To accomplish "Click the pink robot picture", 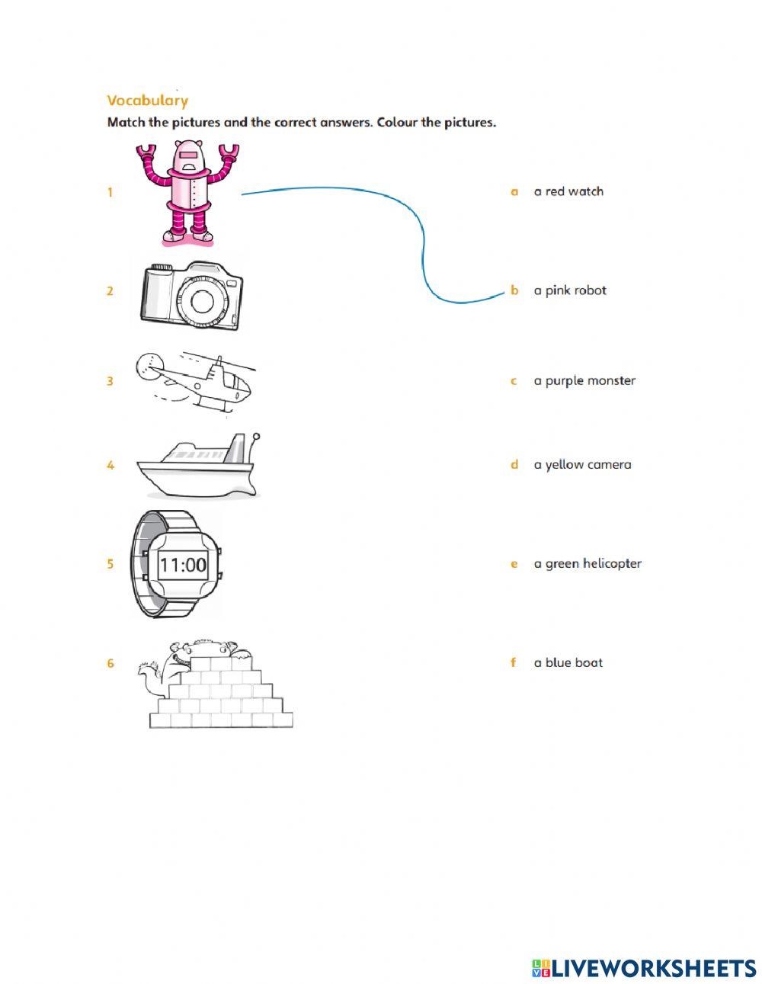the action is (187, 194).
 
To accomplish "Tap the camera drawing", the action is (192, 295).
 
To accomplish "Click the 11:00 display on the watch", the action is (183, 565).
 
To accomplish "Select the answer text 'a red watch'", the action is (568, 191).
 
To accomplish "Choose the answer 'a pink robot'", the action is (570, 290).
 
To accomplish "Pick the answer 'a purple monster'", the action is (584, 381).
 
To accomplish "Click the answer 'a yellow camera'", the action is (583, 465).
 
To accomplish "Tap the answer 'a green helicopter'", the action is (588, 564).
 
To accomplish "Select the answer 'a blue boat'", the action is (568, 663).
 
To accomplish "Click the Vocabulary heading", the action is (148, 101).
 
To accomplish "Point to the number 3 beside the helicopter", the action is (110, 381).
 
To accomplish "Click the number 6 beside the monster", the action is (110, 664).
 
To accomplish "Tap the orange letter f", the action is (514, 662).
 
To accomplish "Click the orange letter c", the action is (514, 381).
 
